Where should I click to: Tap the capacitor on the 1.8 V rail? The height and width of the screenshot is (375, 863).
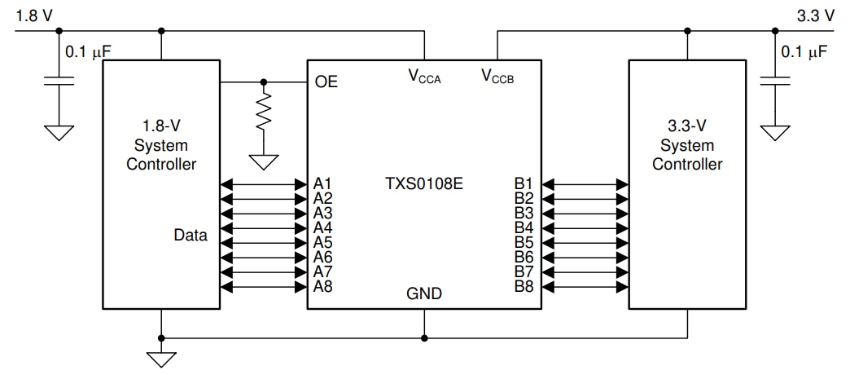pyautogui.click(x=58, y=82)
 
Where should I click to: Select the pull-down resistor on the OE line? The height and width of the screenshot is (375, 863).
pyautogui.click(x=263, y=115)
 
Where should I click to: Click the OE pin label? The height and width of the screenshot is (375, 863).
pyautogui.click(x=326, y=82)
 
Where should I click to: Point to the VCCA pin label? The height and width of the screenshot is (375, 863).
pyautogui.click(x=424, y=77)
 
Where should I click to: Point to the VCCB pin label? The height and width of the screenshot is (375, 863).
pyautogui.click(x=497, y=77)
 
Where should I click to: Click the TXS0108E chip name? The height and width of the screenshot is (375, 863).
pyautogui.click(x=424, y=183)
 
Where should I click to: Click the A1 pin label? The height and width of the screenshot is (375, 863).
pyautogui.click(x=322, y=183)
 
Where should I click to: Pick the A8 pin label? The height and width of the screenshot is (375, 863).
pyautogui.click(x=322, y=286)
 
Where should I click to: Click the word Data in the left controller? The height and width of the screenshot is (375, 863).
pyautogui.click(x=191, y=236)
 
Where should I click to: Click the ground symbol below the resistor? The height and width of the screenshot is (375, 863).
pyautogui.click(x=263, y=161)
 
